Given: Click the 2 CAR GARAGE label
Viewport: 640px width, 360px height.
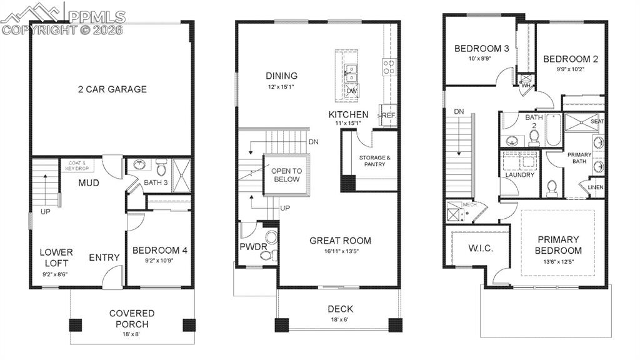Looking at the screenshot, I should click(x=112, y=89).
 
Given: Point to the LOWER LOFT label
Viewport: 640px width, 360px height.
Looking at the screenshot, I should click(x=56, y=257).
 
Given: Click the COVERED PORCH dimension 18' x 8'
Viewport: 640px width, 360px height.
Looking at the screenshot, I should click(x=132, y=334).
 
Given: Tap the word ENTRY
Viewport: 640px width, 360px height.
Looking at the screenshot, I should click(x=104, y=257).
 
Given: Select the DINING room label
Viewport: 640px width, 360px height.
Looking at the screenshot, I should click(x=281, y=76).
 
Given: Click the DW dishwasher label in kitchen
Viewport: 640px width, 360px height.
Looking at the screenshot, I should click(x=351, y=91).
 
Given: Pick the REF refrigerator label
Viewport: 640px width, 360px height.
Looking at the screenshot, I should click(x=389, y=116).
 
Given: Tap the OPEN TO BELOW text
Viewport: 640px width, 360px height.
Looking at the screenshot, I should click(x=286, y=175).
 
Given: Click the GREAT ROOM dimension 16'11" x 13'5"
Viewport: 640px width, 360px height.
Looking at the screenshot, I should click(x=340, y=252).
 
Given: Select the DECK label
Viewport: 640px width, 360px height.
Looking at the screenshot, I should click(x=340, y=309).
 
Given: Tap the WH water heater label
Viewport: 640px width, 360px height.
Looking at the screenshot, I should click(x=526, y=85).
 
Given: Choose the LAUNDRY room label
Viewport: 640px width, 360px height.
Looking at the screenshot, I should click(x=520, y=175).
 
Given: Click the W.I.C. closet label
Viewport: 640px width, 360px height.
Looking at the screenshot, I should click(x=481, y=248).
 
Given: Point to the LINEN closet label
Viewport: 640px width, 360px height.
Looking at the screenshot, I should click(x=596, y=186).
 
